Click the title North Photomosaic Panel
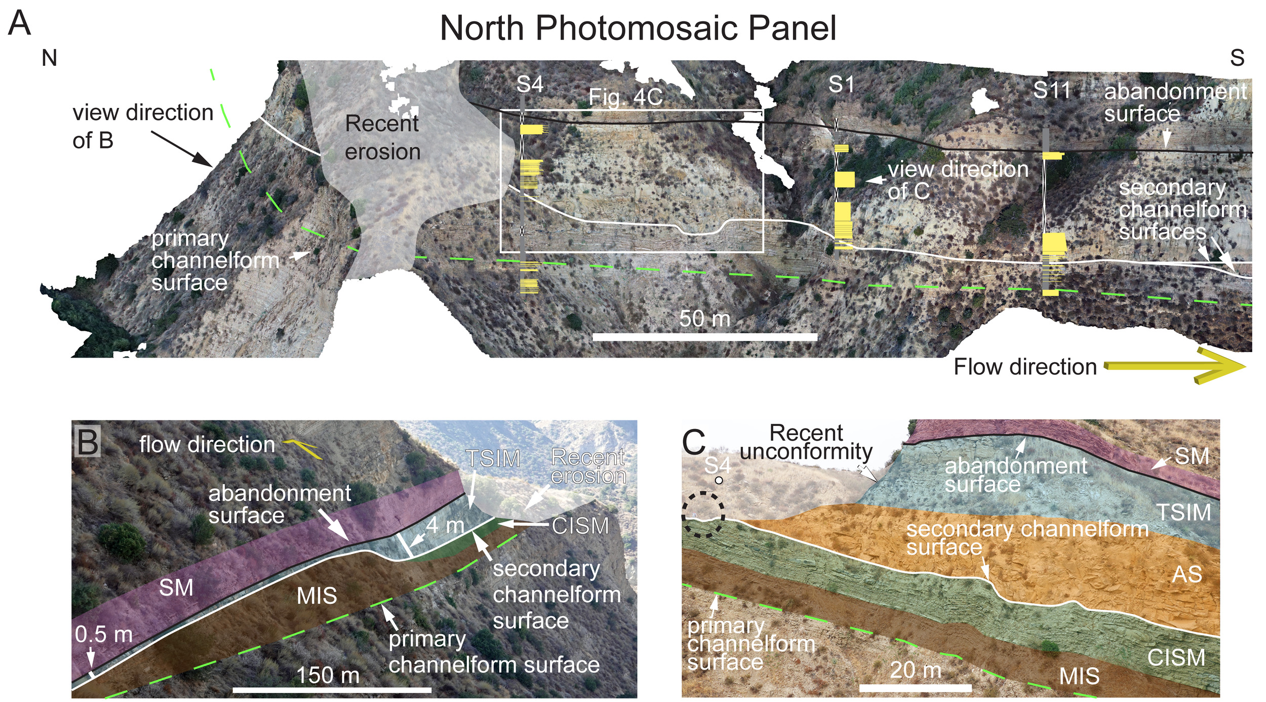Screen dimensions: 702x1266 pyautogui.click(x=638, y=28)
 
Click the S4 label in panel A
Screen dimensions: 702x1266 pyautogui.click(x=530, y=85)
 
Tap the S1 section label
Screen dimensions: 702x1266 pyautogui.click(x=841, y=85)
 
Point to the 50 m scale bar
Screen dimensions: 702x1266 pyautogui.click(x=704, y=337)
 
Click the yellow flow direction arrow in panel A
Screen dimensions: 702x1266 pyautogui.click(x=1175, y=366)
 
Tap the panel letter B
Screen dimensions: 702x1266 pyautogui.click(x=88, y=441)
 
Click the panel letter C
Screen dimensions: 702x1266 pyautogui.click(x=693, y=442)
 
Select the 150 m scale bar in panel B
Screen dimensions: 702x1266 pyautogui.click(x=332, y=690)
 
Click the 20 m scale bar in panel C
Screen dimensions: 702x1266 pyautogui.click(x=915, y=688)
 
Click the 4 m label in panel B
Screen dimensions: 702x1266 pyautogui.click(x=445, y=525)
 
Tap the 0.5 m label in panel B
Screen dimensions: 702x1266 pyautogui.click(x=104, y=634)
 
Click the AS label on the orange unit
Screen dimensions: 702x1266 pyautogui.click(x=1186, y=574)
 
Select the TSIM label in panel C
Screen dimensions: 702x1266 pyautogui.click(x=1183, y=513)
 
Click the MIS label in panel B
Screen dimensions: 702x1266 pyautogui.click(x=316, y=596)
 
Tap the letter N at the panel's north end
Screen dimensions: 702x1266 pyautogui.click(x=49, y=58)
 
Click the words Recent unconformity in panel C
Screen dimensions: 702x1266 pyautogui.click(x=806, y=442)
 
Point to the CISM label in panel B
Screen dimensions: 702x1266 pyautogui.click(x=580, y=526)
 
